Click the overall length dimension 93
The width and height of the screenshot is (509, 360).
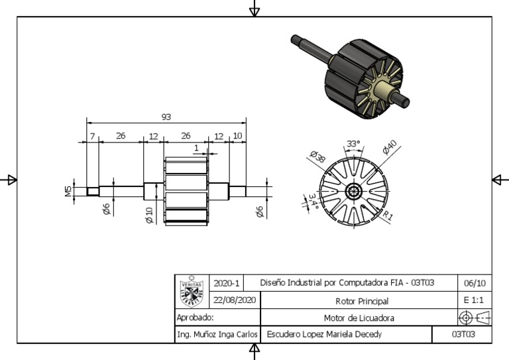tap(166, 117)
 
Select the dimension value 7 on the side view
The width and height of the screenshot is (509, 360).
tap(93, 136)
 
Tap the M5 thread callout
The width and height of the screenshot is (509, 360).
tap(68, 191)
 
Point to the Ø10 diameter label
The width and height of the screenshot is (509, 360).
tap(149, 215)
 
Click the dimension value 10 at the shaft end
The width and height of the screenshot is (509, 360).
tap(237, 136)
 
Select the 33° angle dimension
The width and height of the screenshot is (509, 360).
tap(353, 144)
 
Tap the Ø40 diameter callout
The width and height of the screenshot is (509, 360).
tap(389, 148)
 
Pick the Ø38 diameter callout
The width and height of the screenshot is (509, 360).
tap(317, 157)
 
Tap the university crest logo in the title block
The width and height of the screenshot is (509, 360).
tap(192, 291)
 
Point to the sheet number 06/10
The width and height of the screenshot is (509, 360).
tap(475, 283)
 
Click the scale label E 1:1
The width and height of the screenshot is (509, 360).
tap(475, 300)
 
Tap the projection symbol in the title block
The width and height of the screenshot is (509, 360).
tap(475, 318)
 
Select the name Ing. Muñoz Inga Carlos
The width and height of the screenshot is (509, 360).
tap(217, 335)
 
